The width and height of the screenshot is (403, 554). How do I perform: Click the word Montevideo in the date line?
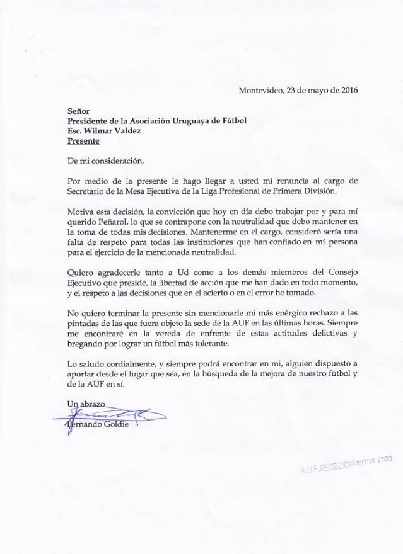click(260, 90)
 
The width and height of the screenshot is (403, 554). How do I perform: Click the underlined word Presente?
click(83, 141)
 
